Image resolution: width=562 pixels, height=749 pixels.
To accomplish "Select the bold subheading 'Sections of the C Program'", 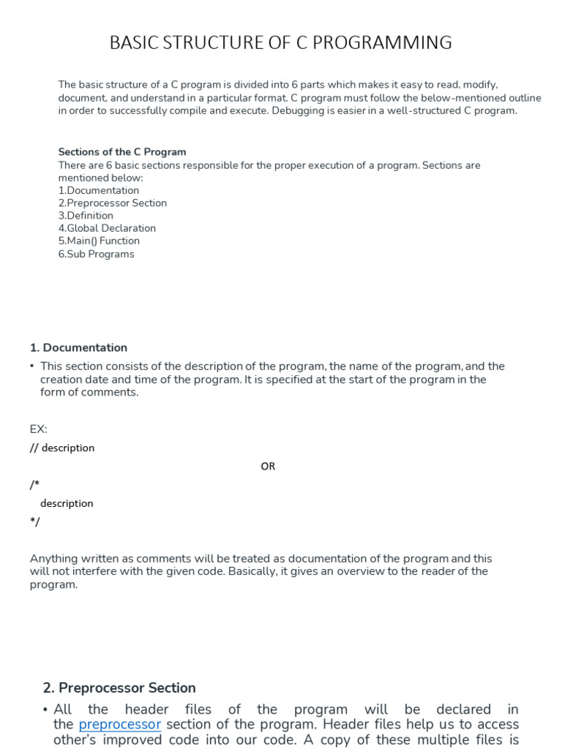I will coord(122,152).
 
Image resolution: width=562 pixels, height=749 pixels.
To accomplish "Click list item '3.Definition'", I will coord(86,216).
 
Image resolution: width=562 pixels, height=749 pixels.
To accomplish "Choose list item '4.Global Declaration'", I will coord(107,228).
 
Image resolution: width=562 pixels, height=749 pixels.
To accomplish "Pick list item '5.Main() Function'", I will coord(99,241).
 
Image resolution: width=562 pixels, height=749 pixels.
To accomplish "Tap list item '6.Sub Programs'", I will coord(96,254).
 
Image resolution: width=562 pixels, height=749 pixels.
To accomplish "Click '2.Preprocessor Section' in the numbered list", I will coord(112,203).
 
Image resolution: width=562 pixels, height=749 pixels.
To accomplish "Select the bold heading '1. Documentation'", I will coord(78,347).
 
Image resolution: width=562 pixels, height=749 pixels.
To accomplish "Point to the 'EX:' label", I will coord(38,429).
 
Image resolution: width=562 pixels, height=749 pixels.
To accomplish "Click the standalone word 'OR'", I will coord(268,466).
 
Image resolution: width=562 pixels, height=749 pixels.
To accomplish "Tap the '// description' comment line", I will coord(61,448).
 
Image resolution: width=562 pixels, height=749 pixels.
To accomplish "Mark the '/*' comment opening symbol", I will coord(34,484).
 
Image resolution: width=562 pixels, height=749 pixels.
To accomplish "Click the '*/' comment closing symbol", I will coord(34,522).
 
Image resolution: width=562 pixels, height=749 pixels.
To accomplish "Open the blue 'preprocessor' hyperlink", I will coord(119,724).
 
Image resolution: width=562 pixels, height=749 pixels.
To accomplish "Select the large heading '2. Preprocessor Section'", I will coord(119,688).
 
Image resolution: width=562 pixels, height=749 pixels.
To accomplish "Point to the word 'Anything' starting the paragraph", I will coord(51,558).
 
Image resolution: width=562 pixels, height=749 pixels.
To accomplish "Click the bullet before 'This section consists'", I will coord(32,366).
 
